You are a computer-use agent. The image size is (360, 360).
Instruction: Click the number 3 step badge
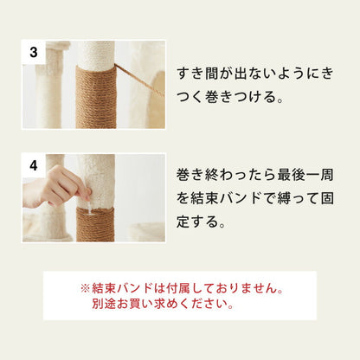point(33,52)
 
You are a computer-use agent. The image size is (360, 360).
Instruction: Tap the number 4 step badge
point(33,164)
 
